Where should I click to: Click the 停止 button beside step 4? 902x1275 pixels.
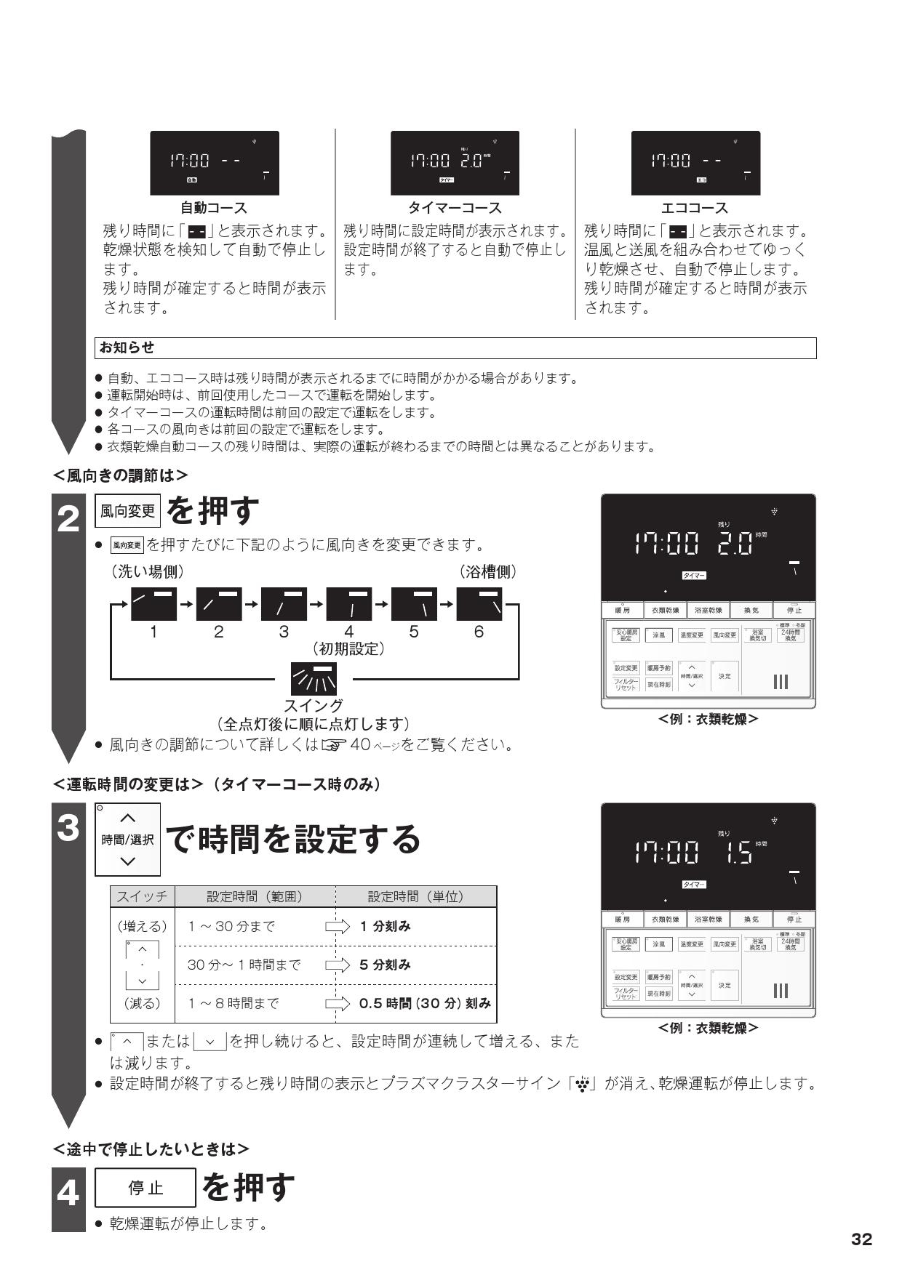[x=146, y=1188]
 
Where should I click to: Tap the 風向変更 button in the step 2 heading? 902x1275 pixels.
[x=127, y=512]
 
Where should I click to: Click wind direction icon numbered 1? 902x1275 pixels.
[x=153, y=603]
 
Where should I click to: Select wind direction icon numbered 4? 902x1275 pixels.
[x=349, y=603]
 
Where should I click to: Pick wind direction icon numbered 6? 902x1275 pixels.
[x=479, y=603]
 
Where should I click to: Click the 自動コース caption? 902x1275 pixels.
[x=214, y=209]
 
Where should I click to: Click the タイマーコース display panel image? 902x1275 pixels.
[x=455, y=163]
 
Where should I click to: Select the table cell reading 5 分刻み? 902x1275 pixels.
[x=385, y=965]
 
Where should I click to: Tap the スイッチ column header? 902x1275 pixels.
[x=142, y=896]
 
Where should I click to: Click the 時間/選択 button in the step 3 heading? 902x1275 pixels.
[x=127, y=840]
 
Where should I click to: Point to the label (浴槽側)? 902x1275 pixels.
[x=488, y=571]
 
